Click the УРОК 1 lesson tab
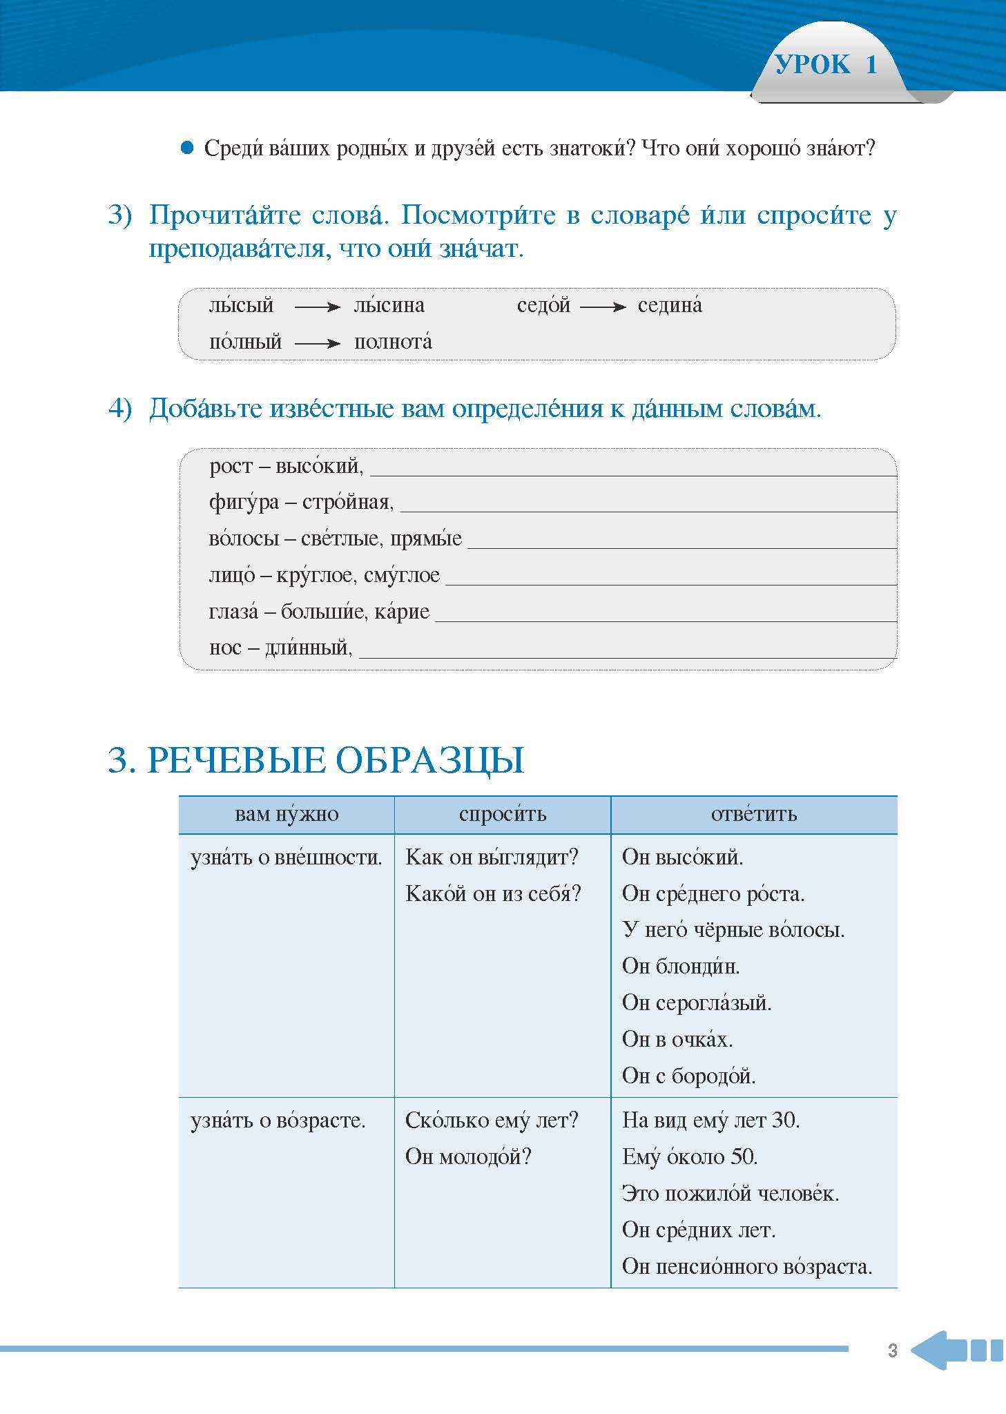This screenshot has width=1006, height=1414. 826,66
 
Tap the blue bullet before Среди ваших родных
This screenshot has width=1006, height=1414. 187,148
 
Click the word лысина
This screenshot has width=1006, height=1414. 389,306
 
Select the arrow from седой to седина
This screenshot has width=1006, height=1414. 603,307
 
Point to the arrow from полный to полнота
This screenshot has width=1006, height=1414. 318,343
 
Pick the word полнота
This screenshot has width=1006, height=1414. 393,342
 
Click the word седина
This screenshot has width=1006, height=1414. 669,306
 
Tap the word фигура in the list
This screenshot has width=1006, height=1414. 243,503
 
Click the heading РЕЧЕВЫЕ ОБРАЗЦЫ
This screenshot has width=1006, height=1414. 316,760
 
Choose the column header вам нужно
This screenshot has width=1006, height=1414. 287,815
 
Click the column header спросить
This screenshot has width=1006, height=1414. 503,815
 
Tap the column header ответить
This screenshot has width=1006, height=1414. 754,815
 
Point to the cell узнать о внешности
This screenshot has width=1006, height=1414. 286,858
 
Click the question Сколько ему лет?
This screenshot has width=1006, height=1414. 491,1120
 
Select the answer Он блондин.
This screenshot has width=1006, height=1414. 680,967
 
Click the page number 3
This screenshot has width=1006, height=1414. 892,1350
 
